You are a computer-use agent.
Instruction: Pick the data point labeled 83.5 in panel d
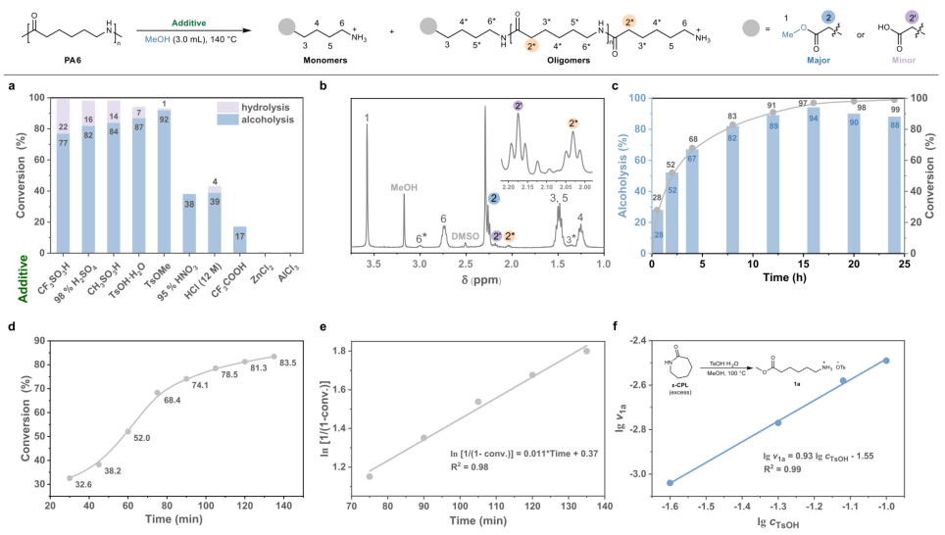[x=274, y=357]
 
